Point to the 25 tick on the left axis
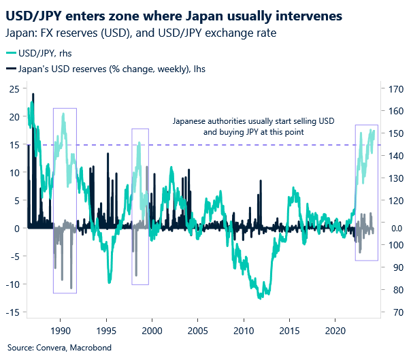coord(13,88)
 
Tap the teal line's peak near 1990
coord(63,114)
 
